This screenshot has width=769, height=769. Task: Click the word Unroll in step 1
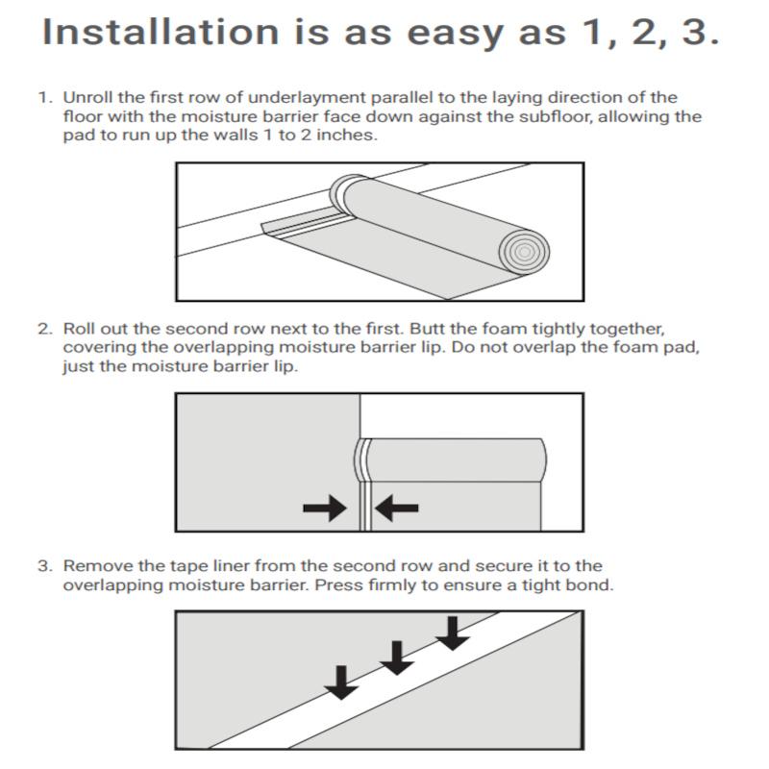pos(87,98)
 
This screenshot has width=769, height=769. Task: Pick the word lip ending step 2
pos(285,366)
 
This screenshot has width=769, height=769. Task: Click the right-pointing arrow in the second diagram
pos(324,509)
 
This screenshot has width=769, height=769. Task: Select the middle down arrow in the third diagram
pos(395,657)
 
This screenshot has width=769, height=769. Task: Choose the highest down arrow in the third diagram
pos(452,631)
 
